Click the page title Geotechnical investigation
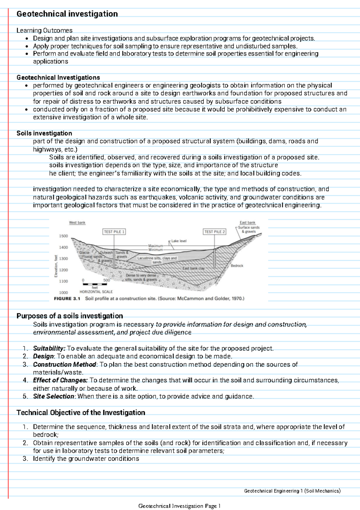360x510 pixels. [x=67, y=14]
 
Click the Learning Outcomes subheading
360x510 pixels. [x=44, y=30]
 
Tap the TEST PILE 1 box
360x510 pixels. [x=114, y=232]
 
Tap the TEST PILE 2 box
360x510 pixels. [x=214, y=232]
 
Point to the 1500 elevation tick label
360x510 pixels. [x=63, y=236]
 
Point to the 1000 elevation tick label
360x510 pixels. [x=63, y=292]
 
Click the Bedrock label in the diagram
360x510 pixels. [x=237, y=266]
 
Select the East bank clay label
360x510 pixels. [x=193, y=268]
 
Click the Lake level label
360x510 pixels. [x=179, y=241]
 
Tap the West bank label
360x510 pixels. [x=77, y=223]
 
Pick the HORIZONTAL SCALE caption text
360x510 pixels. [x=96, y=291]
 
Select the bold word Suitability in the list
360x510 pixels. [x=49, y=349]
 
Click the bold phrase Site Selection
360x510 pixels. [x=53, y=396]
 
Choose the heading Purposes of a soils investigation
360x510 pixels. [x=70, y=316]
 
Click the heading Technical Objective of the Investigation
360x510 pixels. [x=81, y=412]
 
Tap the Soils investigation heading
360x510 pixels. [x=44, y=133]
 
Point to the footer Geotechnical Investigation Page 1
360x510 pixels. [x=179, y=506]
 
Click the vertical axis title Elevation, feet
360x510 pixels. [x=56, y=266]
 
